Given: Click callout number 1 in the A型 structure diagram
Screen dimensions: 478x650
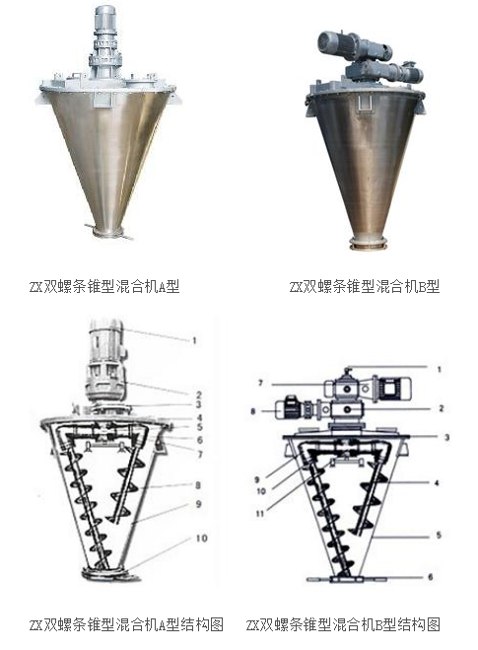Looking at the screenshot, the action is tap(194, 340).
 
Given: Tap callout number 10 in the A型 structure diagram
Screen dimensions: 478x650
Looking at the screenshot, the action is tap(201, 539).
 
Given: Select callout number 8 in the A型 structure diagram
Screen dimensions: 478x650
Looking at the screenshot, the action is tap(198, 485).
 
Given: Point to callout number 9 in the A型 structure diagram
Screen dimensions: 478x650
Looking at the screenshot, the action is tap(199, 504).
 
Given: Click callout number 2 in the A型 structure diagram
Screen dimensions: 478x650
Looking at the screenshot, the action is tap(199, 395).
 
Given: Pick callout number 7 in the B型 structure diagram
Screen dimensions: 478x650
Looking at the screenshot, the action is tap(260, 383).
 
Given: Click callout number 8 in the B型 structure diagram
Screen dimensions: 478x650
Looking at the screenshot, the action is tap(252, 411).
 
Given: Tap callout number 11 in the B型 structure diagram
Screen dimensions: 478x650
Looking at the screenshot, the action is tap(260, 514).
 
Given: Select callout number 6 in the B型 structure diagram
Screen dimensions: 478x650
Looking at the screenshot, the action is tap(431, 577).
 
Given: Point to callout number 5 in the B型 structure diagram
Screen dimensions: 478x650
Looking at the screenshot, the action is tap(439, 536).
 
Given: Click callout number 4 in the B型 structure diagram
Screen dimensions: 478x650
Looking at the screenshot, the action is tap(437, 483).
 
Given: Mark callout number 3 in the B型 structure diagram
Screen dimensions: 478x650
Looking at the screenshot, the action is tap(446, 437).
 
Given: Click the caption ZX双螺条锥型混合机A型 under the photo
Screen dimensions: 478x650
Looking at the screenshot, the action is tap(104, 286).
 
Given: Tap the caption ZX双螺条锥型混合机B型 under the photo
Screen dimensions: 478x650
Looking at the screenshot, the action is tap(365, 286).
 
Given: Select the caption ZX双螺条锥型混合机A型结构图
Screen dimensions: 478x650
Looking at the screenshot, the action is tap(126, 624).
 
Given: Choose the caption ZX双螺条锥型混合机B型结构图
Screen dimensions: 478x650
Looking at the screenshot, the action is tap(343, 624).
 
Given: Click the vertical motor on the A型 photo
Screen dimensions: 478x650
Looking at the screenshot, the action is tap(104, 22).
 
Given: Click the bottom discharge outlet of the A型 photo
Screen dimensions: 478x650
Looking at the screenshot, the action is tap(107, 232).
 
